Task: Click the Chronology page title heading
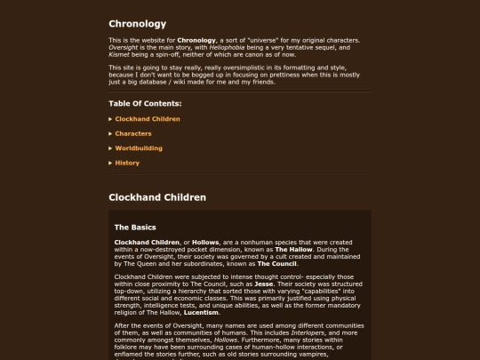[x=137, y=24]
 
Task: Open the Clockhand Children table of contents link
[x=148, y=118]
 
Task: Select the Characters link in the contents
[x=133, y=133]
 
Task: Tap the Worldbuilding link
[x=139, y=148]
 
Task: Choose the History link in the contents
[x=127, y=163]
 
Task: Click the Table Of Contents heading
[x=144, y=103]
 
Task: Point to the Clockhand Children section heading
[x=157, y=196]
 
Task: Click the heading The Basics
[x=135, y=228]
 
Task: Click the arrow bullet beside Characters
[x=111, y=133]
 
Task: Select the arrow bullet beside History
[x=111, y=163]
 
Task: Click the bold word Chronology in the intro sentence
[x=196, y=40]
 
